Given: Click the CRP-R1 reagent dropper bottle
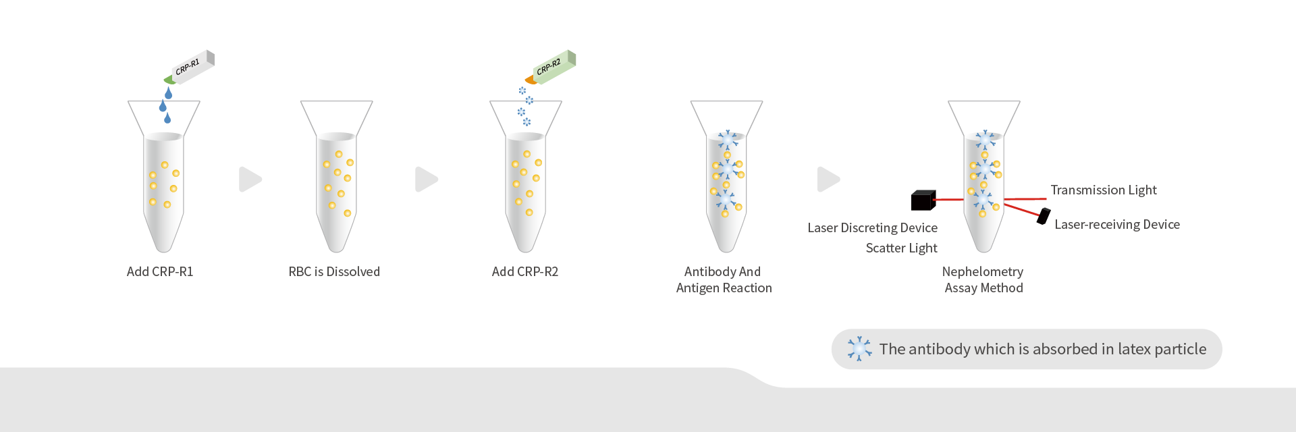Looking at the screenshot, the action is point(190,67).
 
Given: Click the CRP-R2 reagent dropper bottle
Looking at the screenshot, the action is point(551,67).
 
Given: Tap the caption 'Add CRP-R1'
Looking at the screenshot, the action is point(160,272).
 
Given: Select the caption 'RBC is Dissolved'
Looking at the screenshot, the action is point(334,272).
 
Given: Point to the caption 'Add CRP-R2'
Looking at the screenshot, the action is point(525,272).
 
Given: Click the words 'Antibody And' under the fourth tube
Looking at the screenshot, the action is point(722,272).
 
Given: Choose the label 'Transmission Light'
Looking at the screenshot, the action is point(1104,190).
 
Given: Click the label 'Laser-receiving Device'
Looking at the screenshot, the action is point(1117,225).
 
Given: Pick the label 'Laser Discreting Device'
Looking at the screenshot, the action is point(872,228).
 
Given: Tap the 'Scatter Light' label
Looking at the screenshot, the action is point(901,248).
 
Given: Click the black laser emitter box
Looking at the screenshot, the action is point(923,200).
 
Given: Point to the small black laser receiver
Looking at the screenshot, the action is point(1044,216).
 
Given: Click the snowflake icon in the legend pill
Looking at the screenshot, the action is point(859,349).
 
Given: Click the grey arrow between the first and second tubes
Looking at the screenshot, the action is point(250,180).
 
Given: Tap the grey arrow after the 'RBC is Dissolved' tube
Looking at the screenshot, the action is point(427,180).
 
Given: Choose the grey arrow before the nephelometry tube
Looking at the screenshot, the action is point(829,180).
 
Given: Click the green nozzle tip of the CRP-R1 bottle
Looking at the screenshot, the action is point(169,80).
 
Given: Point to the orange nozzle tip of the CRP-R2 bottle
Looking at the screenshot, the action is point(531,80).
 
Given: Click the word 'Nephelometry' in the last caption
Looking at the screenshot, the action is point(983,272).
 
